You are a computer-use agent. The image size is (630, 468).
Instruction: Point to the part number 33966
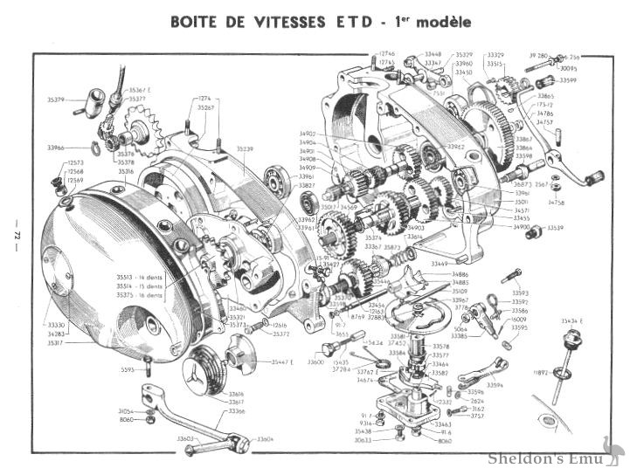pos(59,149)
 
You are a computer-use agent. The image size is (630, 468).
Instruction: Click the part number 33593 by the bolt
pos(520,292)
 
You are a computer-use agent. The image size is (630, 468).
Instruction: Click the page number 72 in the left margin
pos(15,234)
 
